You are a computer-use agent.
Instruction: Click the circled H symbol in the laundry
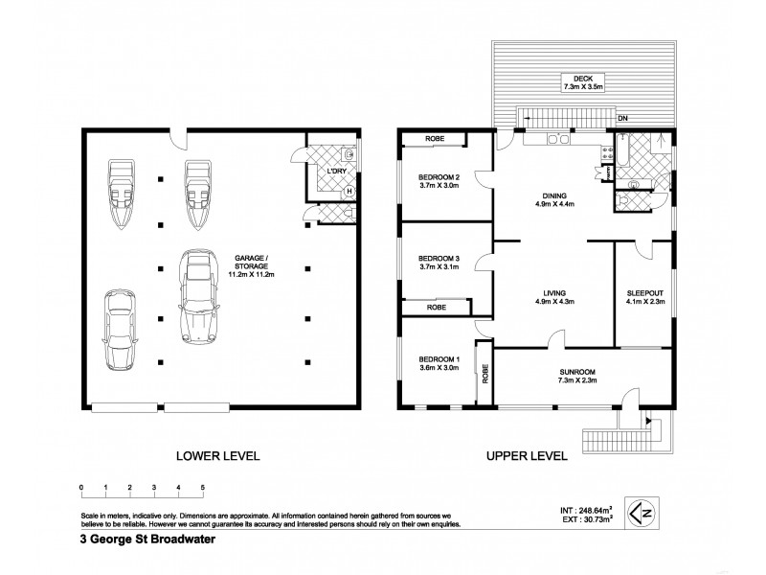pyautogui.click(x=349, y=190)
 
